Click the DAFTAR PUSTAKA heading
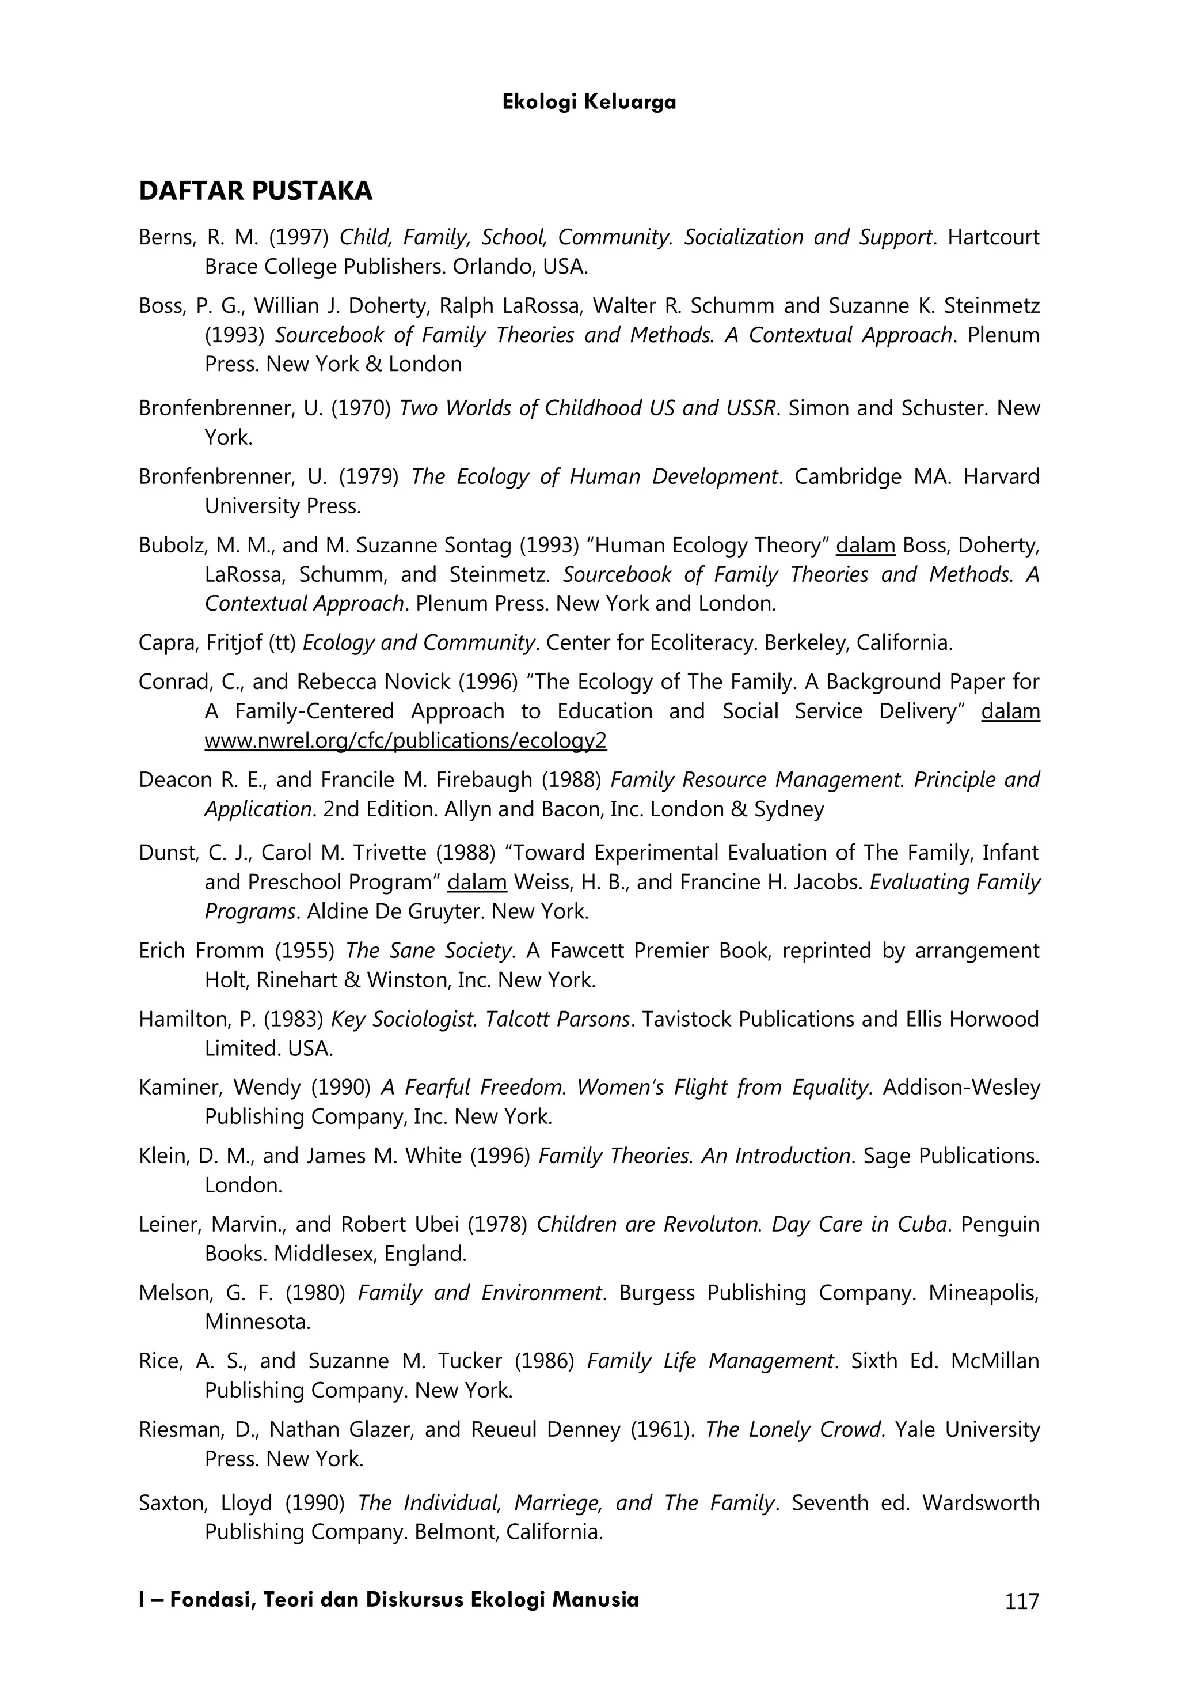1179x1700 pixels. click(255, 191)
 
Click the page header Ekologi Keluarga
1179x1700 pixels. click(589, 102)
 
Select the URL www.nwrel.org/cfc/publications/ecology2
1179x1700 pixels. click(405, 741)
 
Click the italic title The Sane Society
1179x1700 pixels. click(429, 951)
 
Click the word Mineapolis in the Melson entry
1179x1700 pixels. click(983, 1293)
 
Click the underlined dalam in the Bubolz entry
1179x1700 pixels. click(865, 546)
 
